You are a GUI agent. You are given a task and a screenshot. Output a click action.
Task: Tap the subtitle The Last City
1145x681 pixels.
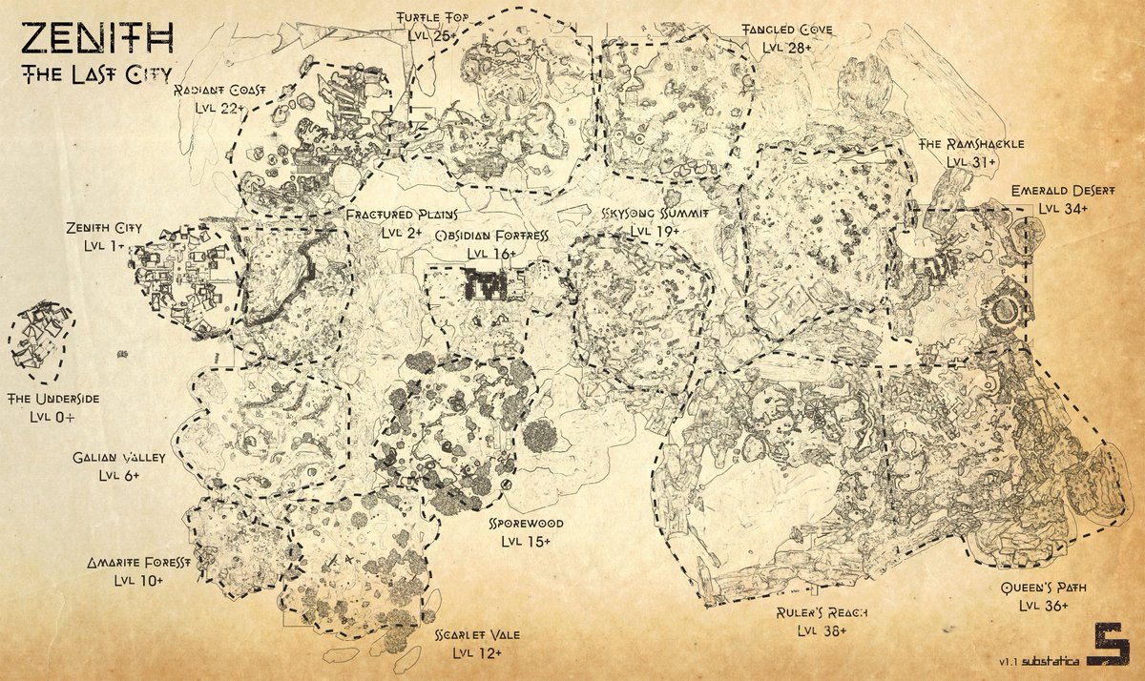92,75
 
